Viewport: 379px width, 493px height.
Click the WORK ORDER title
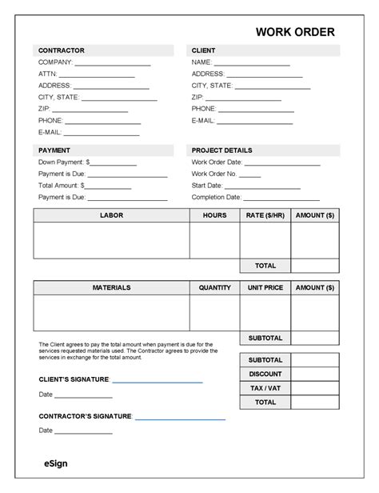point(295,32)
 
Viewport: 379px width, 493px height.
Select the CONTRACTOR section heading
point(61,50)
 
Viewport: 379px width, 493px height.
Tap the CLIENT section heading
point(203,50)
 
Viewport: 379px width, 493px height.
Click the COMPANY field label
point(55,62)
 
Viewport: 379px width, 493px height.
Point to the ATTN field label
point(47,74)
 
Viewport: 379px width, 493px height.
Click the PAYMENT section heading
point(54,150)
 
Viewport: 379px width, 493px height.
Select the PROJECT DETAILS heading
point(221,150)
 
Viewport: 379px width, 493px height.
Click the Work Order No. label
point(214,173)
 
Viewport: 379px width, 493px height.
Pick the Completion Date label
point(216,197)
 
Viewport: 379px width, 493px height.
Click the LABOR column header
point(111,215)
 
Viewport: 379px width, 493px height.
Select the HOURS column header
point(214,215)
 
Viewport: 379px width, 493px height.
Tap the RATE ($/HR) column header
point(265,215)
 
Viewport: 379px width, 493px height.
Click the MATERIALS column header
point(111,287)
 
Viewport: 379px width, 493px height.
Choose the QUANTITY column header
point(214,287)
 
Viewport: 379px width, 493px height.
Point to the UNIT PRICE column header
point(265,287)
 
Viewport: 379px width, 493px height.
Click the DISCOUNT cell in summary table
point(265,374)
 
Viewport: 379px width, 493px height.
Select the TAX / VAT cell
point(265,388)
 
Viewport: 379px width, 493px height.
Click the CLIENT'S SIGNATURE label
point(74,379)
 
